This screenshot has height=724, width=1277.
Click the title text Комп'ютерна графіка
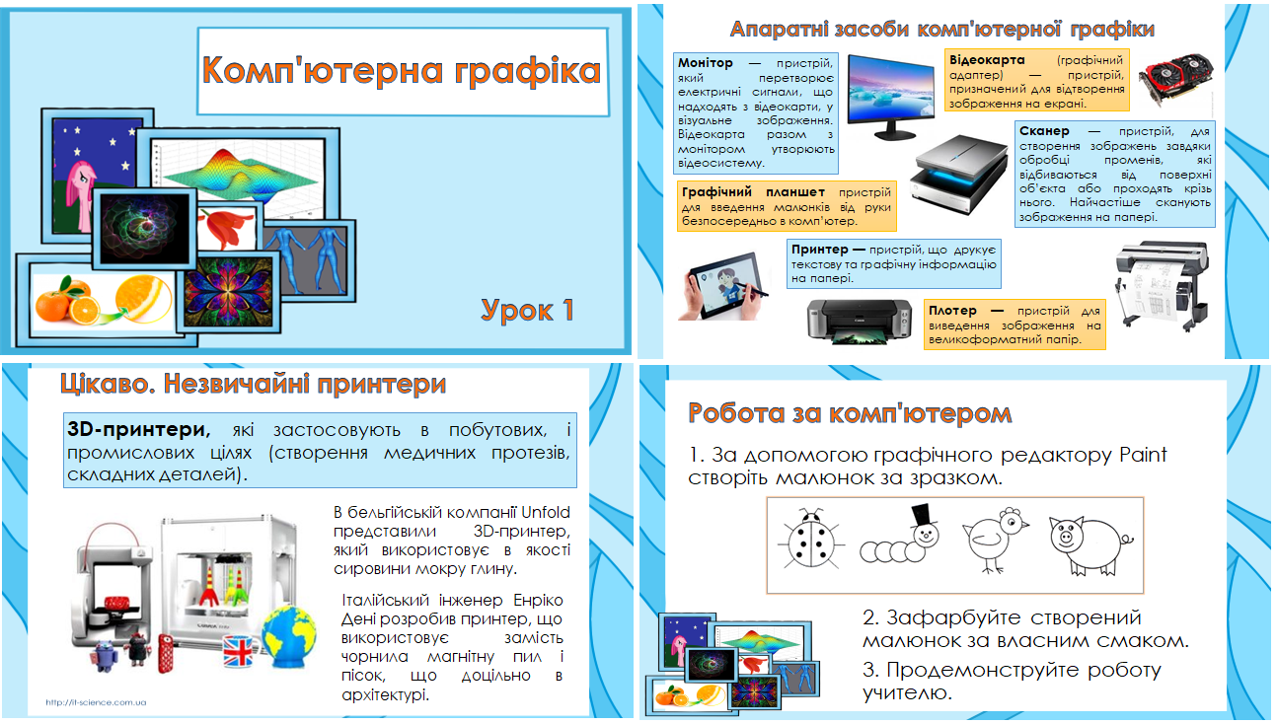pos(401,72)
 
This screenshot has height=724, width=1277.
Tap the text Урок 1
pos(528,310)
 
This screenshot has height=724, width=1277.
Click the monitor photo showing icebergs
pos(892,96)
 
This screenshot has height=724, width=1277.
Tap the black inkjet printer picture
pos(854,321)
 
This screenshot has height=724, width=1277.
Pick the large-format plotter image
pos(1161,292)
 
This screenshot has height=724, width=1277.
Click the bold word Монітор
pos(706,63)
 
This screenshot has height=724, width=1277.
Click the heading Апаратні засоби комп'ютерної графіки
pos(941,29)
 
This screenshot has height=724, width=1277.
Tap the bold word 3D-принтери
pos(138,430)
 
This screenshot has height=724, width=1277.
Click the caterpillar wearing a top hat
pos(900,541)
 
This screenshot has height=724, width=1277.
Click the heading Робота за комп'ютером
pos(850,412)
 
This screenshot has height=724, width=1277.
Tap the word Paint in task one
pos(1143,455)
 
